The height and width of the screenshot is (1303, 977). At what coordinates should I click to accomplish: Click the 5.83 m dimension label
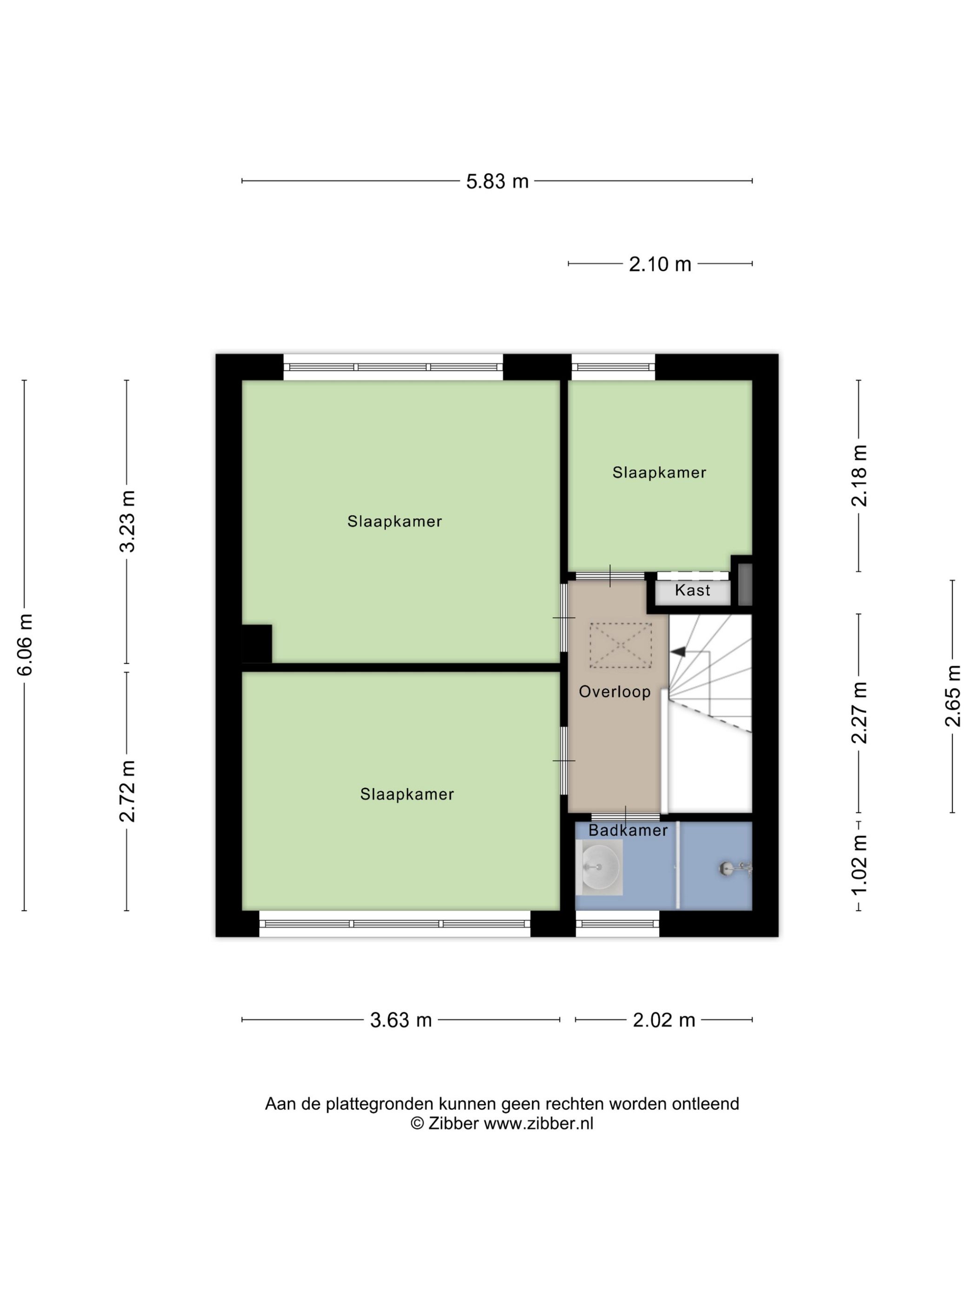tap(497, 181)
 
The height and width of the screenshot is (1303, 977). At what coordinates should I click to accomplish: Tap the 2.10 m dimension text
tap(660, 264)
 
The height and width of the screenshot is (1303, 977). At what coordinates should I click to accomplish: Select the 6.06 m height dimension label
tap(25, 644)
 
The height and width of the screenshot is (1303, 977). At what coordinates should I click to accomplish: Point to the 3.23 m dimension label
tap(127, 521)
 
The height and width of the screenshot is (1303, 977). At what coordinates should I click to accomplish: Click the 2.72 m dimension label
tap(127, 791)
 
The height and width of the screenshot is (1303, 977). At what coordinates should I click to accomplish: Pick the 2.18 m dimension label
tap(859, 476)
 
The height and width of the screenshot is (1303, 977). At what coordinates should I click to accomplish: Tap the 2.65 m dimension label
tap(953, 696)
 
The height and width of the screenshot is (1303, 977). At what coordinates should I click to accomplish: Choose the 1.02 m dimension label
tap(859, 865)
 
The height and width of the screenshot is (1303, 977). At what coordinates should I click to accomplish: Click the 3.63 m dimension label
tap(401, 1020)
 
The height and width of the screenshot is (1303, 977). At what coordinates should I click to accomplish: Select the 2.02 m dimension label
tap(664, 1020)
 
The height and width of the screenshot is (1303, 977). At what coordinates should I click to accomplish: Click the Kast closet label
tap(693, 590)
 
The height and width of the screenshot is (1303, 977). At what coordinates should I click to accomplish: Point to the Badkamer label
tap(628, 830)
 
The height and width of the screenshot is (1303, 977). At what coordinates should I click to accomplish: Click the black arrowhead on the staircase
tap(678, 651)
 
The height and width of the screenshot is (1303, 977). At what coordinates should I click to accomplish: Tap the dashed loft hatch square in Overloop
tap(620, 645)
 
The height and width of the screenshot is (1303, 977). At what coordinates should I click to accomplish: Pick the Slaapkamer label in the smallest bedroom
tap(659, 472)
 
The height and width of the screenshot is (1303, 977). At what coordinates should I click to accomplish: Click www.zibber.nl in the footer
tap(538, 1123)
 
